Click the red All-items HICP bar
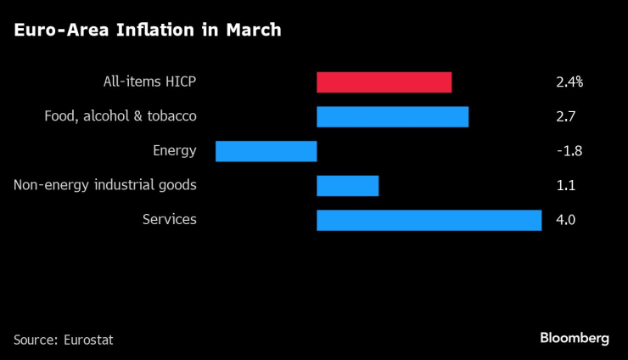pos(384,82)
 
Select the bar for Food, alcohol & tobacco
pos(392,116)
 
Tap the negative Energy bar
pos(266,151)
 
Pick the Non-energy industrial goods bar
pos(347,185)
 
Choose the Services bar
pos(429,220)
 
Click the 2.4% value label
pos(569,82)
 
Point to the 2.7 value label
pos(565,116)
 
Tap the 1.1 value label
pos(565,185)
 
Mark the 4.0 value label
pos(566,220)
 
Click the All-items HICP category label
pos(148,82)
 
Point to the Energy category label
pos(174,151)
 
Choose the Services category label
pos(169,220)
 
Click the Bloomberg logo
pos(575,338)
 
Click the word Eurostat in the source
pos(88,340)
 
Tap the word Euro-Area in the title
pos(52,31)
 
